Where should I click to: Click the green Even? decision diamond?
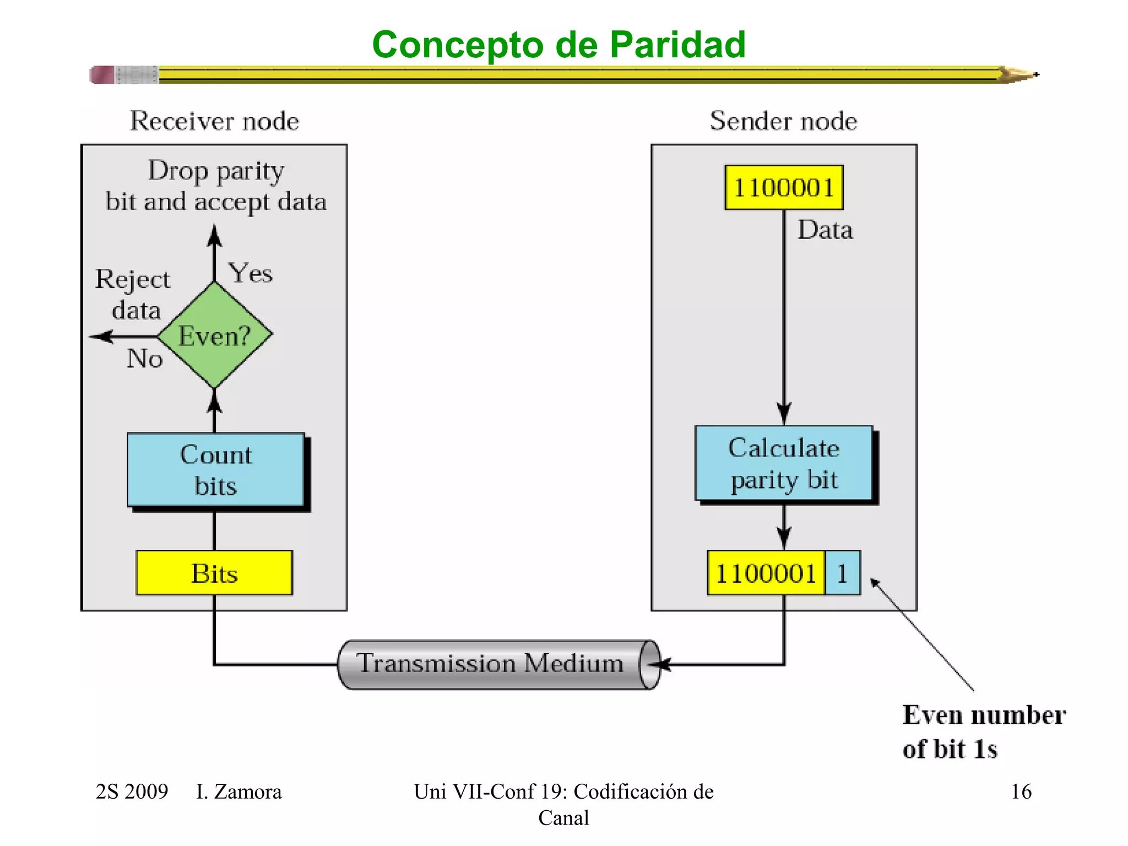215,335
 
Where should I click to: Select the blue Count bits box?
216,470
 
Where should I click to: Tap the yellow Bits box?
214,573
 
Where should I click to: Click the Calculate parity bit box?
784,463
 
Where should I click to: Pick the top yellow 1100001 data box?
784,187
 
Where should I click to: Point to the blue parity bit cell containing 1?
842,573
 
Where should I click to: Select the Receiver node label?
214,121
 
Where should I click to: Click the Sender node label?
783,121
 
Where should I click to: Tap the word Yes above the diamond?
251,273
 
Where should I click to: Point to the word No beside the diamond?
144,359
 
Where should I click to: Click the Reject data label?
133,295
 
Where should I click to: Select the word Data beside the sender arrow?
825,230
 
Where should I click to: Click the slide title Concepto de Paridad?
558,44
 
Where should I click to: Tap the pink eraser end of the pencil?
102,74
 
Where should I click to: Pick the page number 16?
1021,791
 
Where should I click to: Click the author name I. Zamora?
238,791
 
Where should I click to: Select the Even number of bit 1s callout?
983,731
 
